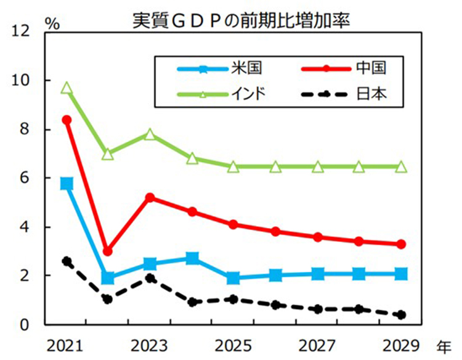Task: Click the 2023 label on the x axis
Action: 148,343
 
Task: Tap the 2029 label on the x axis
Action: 401,343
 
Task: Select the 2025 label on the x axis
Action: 233,343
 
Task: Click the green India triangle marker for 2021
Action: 66,88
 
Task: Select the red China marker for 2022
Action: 108,252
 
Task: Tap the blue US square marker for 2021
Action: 66,184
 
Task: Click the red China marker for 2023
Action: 150,197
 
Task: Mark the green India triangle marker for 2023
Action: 150,134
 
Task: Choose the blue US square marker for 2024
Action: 192,258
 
